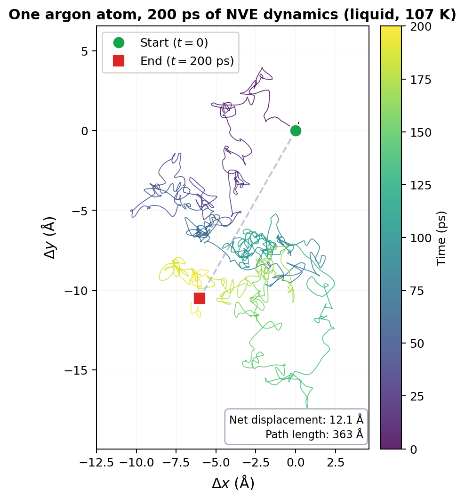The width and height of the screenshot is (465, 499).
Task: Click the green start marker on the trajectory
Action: coord(296,131)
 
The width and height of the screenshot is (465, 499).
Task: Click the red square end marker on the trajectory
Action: coord(200,298)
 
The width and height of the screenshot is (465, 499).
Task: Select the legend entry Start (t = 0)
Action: coord(174,43)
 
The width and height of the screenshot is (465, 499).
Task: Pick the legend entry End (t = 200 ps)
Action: coord(187,61)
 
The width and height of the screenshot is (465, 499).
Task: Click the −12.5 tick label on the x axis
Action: coord(96,462)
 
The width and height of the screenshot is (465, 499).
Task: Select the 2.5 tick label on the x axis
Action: coord(335,462)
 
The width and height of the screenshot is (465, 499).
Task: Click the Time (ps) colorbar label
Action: coord(441,238)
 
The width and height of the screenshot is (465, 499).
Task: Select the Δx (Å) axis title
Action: coord(232,483)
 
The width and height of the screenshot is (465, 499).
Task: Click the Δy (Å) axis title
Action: coord(50,237)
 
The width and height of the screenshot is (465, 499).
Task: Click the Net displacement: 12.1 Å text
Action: coord(296,420)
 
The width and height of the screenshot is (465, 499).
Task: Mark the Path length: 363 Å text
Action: coord(314,434)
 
